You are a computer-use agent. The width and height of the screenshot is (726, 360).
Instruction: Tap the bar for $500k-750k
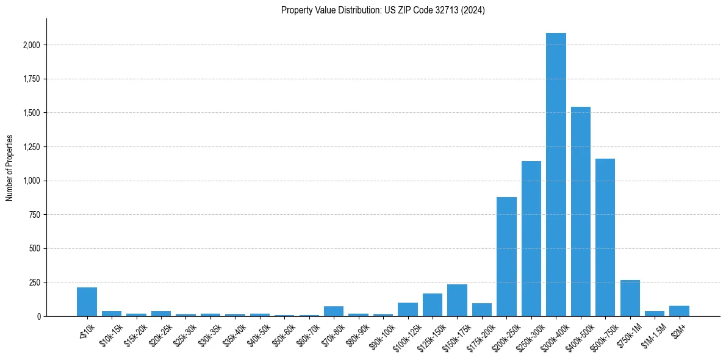click(605, 237)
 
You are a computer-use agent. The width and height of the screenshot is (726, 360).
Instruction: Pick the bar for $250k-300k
click(531, 239)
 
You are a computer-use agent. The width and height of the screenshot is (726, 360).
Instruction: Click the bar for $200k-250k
click(506, 257)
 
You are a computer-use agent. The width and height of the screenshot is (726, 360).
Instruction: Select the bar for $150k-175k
click(457, 300)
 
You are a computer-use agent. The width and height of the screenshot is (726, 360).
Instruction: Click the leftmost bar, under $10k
click(87, 302)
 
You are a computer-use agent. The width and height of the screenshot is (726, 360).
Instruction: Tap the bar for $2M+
click(679, 311)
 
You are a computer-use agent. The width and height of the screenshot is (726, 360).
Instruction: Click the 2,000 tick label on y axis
click(32, 45)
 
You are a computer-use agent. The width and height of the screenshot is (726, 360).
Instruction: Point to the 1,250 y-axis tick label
click(32, 147)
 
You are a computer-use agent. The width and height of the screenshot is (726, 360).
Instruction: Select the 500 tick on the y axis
click(35, 249)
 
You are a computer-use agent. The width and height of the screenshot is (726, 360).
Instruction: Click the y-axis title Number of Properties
click(9, 167)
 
